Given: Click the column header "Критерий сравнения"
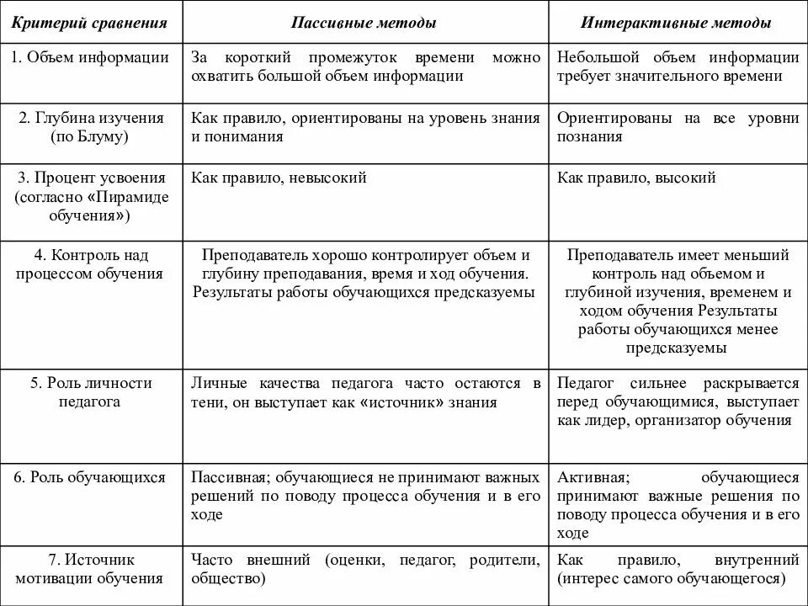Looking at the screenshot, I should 89,23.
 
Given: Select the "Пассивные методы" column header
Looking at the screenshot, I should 364,23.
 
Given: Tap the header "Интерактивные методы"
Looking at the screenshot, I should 676,23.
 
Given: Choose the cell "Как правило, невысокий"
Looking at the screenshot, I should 279,178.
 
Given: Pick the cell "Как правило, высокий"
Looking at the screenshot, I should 636,178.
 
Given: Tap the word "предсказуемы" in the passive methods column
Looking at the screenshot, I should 492,292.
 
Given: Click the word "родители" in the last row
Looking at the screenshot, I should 505,560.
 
